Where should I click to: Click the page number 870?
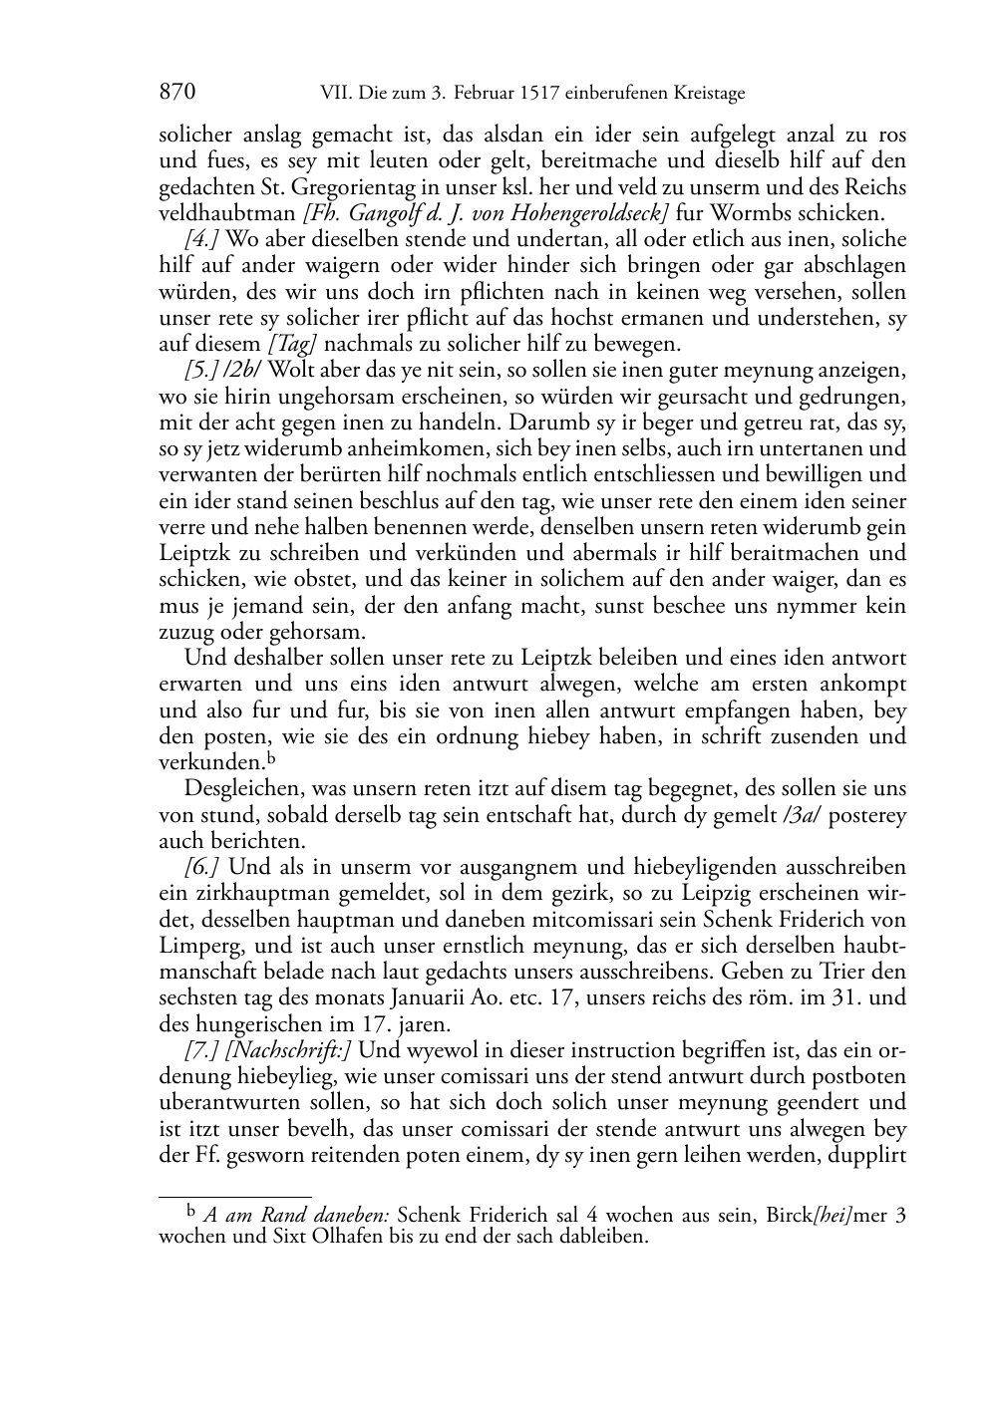[x=176, y=94]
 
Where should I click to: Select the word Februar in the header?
[x=486, y=95]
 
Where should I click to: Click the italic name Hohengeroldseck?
[x=575, y=213]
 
